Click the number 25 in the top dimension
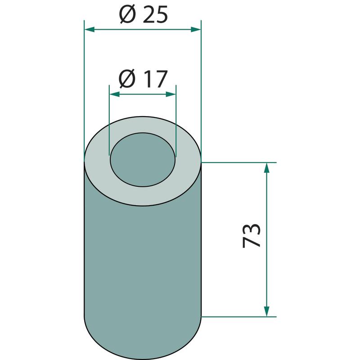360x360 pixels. pyautogui.click(x=155, y=14)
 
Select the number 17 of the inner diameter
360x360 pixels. pyautogui.click(x=155, y=79)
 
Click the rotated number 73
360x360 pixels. pyautogui.click(x=252, y=235)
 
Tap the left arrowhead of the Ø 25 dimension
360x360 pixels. pyautogui.click(x=90, y=29)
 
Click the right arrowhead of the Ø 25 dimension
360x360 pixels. pyautogui.click(x=196, y=29)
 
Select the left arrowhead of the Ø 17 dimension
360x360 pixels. pyautogui.click(x=115, y=94)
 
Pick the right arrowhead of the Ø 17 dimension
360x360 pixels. pyautogui.click(x=171, y=94)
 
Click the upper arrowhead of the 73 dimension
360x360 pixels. pyautogui.click(x=266, y=167)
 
